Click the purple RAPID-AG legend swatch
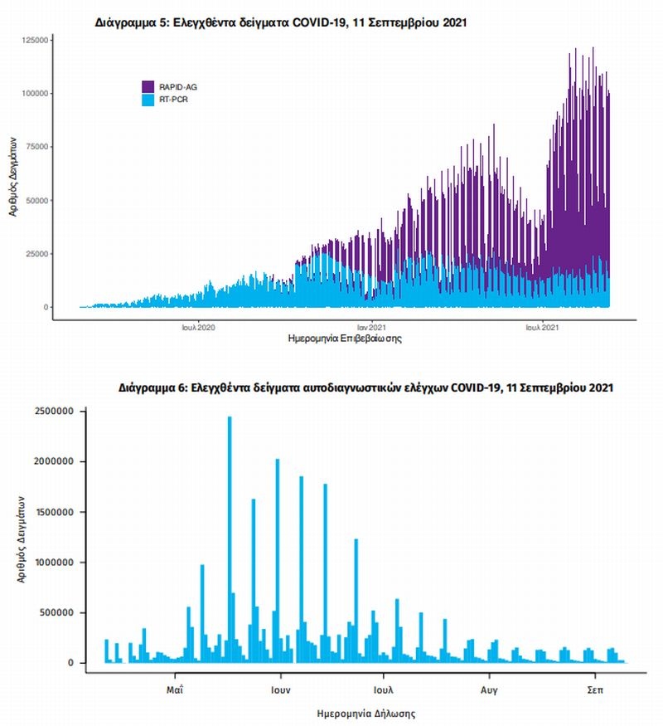(x=148, y=86)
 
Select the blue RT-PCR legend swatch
(x=148, y=100)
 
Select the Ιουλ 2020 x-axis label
(x=198, y=328)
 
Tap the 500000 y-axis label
(x=57, y=613)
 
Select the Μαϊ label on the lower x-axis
(x=174, y=689)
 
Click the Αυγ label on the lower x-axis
(x=489, y=689)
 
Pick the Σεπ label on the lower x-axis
(x=594, y=689)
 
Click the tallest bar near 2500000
(x=230, y=539)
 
